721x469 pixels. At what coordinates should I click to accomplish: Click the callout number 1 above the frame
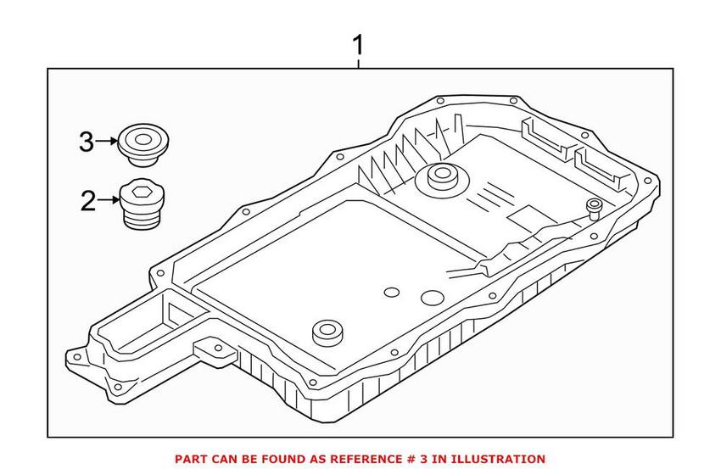[x=358, y=46]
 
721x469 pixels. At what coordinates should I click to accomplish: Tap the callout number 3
[x=87, y=142]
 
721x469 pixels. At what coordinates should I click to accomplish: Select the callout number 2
[x=88, y=201]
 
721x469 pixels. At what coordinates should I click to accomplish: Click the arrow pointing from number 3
[x=107, y=141]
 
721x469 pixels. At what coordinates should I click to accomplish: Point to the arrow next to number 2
[x=109, y=199]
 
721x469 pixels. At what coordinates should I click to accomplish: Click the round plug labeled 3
[x=143, y=144]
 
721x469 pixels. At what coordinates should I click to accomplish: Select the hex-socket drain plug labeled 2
[x=143, y=204]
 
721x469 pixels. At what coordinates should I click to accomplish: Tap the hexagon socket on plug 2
[x=140, y=193]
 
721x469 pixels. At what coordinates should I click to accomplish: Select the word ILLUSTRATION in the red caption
[x=498, y=459]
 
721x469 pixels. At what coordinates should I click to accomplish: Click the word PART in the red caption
[x=189, y=459]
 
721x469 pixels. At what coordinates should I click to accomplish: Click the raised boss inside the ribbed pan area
[x=441, y=177]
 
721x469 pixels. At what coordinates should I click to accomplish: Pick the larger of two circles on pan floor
[x=433, y=298]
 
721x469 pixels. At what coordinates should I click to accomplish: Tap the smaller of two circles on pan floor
[x=392, y=293]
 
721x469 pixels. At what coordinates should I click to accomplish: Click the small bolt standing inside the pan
[x=594, y=209]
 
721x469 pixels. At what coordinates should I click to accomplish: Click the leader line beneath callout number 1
[x=358, y=64]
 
